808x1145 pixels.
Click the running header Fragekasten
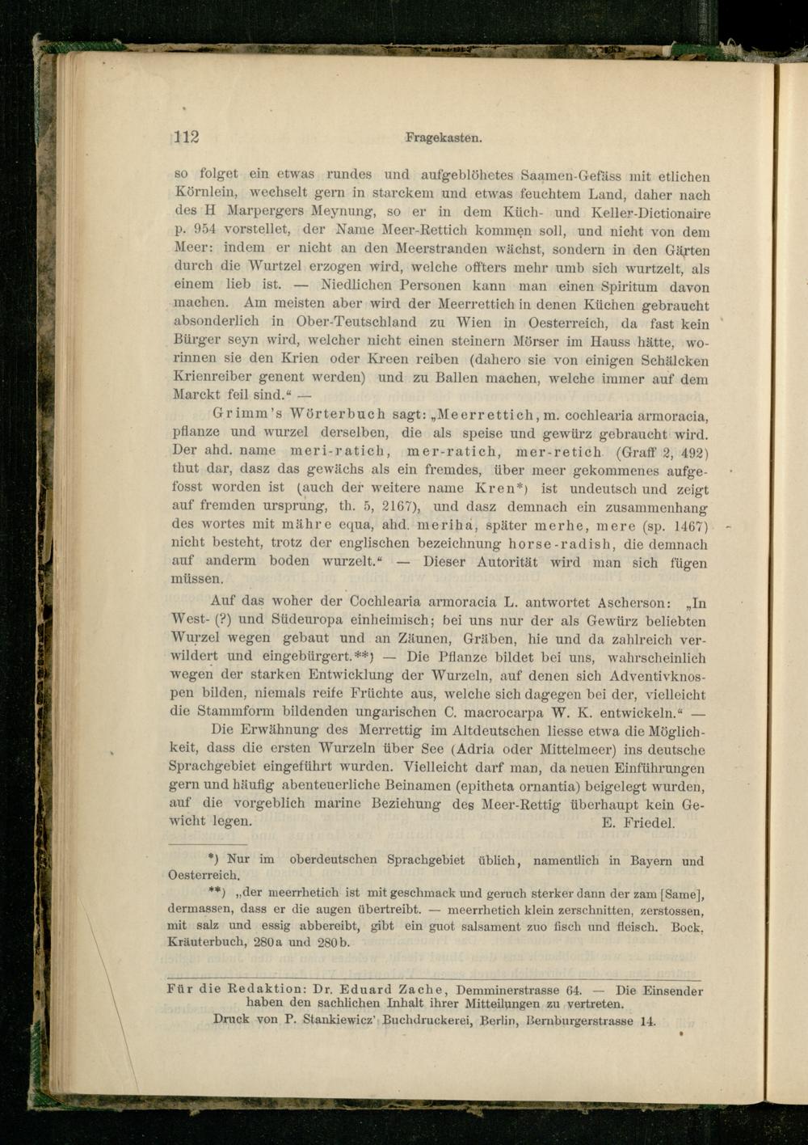point(444,138)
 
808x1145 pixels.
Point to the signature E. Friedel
point(638,823)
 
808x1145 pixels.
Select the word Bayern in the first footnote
point(652,860)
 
